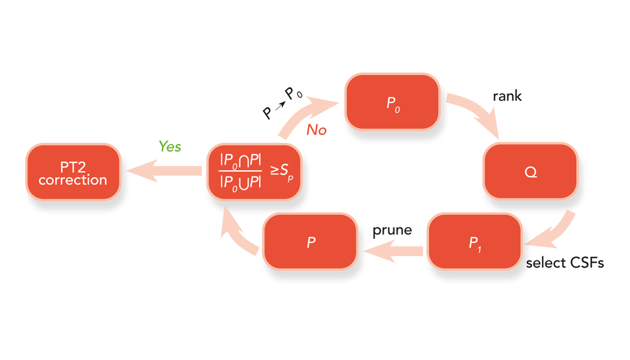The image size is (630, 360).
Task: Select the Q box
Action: (x=531, y=172)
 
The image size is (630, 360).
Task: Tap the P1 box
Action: (x=475, y=242)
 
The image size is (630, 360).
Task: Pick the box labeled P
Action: (x=311, y=242)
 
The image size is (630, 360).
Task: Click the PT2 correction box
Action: (x=73, y=172)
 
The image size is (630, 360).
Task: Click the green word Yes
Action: (x=170, y=146)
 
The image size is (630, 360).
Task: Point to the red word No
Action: (x=316, y=130)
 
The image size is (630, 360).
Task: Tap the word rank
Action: (x=507, y=96)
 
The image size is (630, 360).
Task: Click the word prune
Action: (x=392, y=230)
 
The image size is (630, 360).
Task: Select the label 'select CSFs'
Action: (x=564, y=263)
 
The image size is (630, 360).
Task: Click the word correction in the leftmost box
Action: (x=73, y=180)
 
